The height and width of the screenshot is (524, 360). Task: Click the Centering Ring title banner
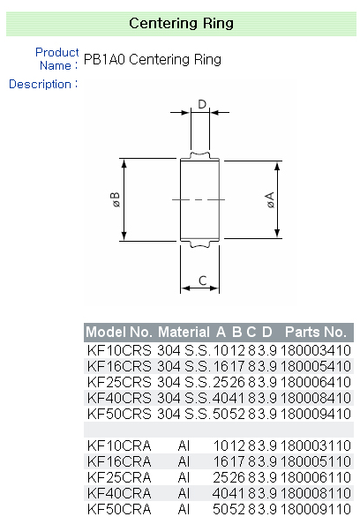point(181,23)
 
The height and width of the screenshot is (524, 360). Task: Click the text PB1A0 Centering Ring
point(153,60)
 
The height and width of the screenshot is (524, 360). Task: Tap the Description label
point(41,84)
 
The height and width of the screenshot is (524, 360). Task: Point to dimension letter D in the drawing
point(202,105)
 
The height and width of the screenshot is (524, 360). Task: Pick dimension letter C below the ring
point(202,281)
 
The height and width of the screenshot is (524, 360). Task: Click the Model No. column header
point(119,333)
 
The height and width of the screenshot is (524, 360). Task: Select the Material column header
point(184,333)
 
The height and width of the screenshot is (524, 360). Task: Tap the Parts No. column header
point(315,333)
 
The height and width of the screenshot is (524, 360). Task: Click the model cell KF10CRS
point(119,350)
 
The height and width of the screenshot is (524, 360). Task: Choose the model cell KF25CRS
point(119,382)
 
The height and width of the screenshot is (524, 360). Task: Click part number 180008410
point(315,398)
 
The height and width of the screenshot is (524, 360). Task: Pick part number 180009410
point(315,414)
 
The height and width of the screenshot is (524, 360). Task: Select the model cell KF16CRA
point(119,461)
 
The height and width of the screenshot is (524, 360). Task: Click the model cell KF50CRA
point(119,509)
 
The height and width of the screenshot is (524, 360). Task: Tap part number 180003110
point(315,445)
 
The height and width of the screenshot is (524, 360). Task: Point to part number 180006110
point(315,477)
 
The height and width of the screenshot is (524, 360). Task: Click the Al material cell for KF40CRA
point(184,493)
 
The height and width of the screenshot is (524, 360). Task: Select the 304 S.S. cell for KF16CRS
point(184,366)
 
